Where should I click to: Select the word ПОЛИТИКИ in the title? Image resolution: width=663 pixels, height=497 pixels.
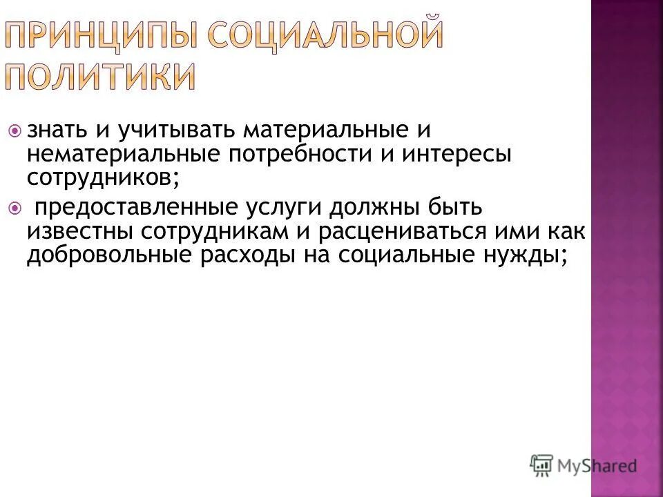tap(102, 77)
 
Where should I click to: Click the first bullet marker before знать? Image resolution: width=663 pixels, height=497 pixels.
tap(15, 130)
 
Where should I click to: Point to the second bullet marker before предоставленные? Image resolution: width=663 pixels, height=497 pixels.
tap(15, 207)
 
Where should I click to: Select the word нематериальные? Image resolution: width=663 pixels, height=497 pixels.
tap(122, 155)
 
